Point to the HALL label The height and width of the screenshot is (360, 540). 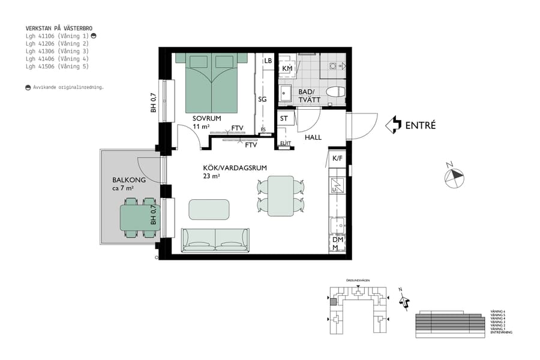(x=313, y=137)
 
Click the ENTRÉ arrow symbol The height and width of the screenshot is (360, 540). (x=393, y=125)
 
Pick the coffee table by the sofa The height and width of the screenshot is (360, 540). (x=209, y=209)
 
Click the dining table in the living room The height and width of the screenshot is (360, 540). (x=280, y=196)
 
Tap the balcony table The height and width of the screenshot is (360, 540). (x=137, y=218)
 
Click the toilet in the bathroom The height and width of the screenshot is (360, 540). (x=335, y=92)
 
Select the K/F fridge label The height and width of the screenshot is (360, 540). (x=337, y=158)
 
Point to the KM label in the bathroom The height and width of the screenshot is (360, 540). (x=287, y=69)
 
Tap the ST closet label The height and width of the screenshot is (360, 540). (x=284, y=119)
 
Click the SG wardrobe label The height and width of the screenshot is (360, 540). (x=262, y=99)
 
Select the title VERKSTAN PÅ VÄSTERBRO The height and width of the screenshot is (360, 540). (x=59, y=28)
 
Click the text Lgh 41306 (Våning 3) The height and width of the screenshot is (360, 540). (x=57, y=52)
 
